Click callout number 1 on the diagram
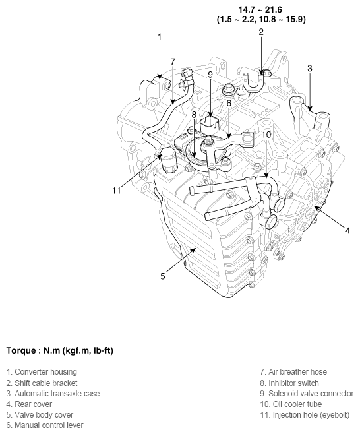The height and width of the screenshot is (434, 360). [159, 37]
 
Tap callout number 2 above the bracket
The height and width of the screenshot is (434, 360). [261, 32]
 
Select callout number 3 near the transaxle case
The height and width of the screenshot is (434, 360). [309, 67]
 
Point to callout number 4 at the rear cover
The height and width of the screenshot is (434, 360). [347, 230]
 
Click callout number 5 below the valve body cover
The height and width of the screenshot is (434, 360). [162, 276]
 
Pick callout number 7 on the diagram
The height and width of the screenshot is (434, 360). [173, 61]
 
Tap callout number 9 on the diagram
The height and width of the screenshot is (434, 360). [210, 75]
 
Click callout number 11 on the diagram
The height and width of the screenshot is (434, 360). [116, 191]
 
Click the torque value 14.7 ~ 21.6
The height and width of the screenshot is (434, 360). [261, 9]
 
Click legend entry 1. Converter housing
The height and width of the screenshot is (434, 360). [41, 372]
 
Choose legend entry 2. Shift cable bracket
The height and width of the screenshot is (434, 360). [42, 383]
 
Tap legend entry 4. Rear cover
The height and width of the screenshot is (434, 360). [28, 404]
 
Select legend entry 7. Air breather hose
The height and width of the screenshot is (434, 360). [293, 372]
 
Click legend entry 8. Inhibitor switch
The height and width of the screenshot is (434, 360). [289, 383]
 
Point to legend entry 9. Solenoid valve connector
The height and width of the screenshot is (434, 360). [307, 393]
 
